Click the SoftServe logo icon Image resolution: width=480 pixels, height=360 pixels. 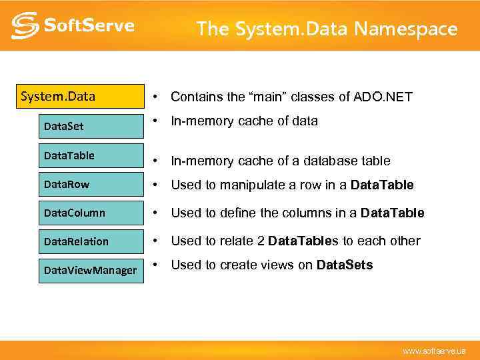click(x=24, y=25)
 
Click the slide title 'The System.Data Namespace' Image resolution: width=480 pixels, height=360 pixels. click(x=327, y=29)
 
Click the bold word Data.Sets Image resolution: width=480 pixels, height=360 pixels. click(x=345, y=265)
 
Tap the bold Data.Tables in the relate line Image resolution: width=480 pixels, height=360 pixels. click(x=303, y=241)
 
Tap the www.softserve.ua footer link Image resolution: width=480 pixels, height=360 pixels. click(x=434, y=351)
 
